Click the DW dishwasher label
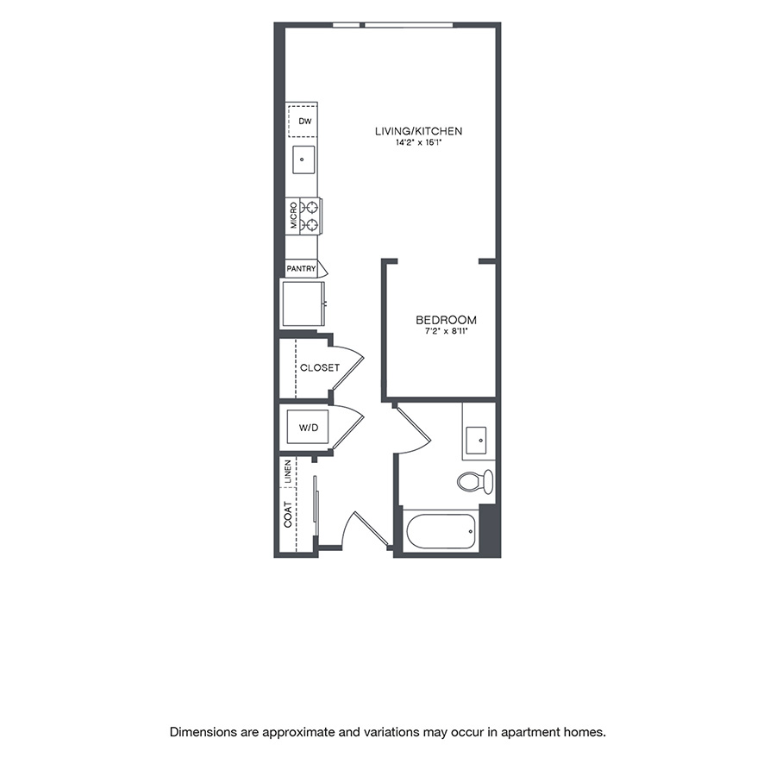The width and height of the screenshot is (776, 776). click(304, 122)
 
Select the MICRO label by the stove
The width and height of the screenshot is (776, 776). click(294, 215)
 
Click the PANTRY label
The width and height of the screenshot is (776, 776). click(302, 269)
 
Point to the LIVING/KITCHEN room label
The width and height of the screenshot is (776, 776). click(419, 131)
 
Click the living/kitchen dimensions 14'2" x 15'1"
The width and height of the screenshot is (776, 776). click(419, 143)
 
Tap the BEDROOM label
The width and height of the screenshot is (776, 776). click(440, 320)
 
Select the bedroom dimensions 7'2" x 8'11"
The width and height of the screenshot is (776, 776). click(440, 331)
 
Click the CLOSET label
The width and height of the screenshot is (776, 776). click(320, 368)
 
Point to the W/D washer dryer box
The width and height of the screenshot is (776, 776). click(307, 427)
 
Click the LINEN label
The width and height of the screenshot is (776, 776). click(287, 472)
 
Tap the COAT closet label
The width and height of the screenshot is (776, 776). click(287, 516)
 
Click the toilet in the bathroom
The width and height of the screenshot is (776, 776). click(476, 480)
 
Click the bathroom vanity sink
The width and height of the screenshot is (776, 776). click(477, 440)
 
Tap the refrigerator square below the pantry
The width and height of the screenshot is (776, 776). click(302, 303)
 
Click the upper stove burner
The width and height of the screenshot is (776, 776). click(311, 207)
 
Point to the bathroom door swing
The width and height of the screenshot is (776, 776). click(412, 429)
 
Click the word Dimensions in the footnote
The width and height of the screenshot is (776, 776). click(203, 732)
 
